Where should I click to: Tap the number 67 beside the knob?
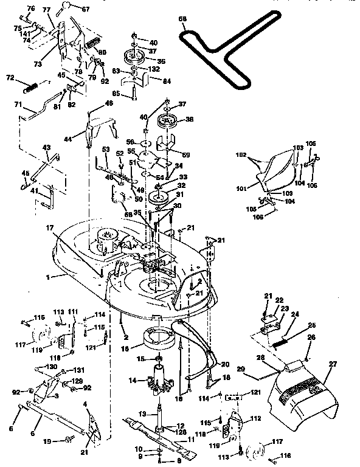pos(85,9)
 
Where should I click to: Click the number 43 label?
pos(46,147)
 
